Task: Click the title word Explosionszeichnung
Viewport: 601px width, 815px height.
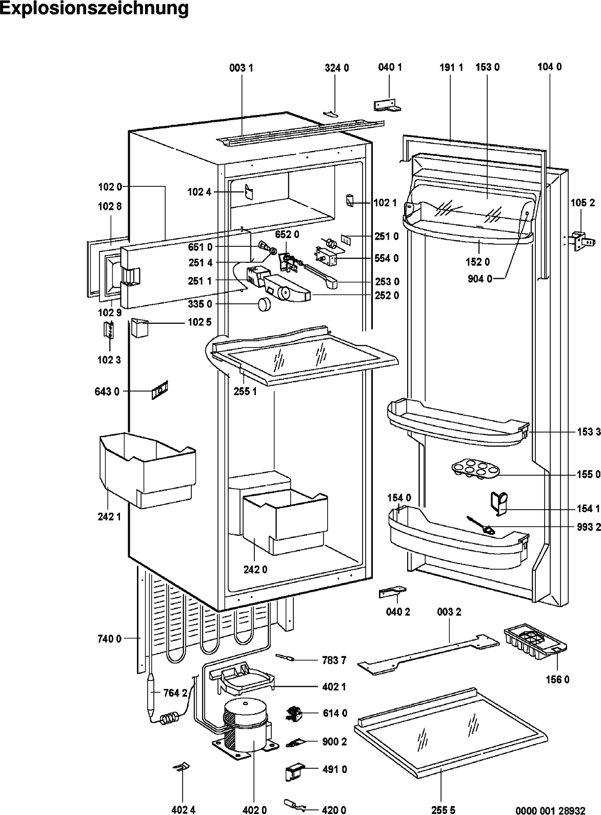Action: click(x=94, y=9)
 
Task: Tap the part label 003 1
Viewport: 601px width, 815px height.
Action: click(x=241, y=68)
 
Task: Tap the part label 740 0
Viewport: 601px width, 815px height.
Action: click(x=109, y=639)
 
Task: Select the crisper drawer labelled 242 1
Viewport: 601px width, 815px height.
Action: click(x=147, y=470)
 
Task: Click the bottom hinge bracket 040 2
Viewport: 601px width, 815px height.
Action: click(x=392, y=592)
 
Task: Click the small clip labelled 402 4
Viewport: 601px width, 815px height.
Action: click(x=182, y=766)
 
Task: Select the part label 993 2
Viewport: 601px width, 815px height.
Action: click(x=589, y=527)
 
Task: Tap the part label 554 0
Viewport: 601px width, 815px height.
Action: click(x=387, y=258)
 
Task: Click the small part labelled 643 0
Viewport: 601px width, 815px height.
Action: click(x=160, y=390)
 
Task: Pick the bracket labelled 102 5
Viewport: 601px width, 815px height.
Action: click(x=139, y=327)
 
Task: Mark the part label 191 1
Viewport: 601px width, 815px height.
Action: click(x=451, y=68)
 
